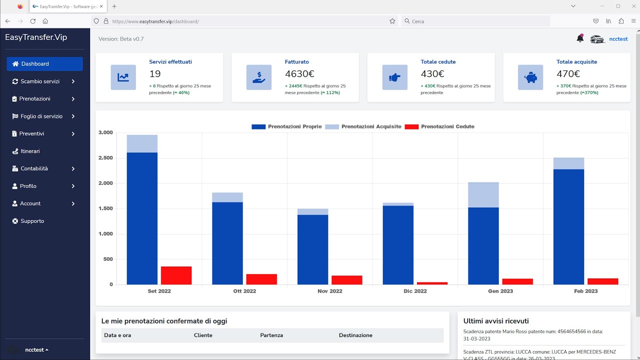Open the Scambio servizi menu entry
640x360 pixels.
40,81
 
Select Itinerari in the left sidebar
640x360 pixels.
30,151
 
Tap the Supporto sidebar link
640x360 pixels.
32,221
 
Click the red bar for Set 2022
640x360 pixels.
176,275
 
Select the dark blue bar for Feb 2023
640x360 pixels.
568,227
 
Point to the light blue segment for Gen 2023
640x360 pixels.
483,195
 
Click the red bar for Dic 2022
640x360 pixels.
432,283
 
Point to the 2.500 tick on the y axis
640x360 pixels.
105,158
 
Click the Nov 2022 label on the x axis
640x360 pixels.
329,291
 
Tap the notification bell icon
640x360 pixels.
580,38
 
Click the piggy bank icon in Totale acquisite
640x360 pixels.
530,77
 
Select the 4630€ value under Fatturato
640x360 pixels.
299,74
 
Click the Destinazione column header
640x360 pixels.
355,335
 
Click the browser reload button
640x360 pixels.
33,21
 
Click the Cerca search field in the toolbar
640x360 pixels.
475,21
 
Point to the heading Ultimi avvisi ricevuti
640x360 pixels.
496,321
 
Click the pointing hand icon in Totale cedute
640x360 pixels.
394,77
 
